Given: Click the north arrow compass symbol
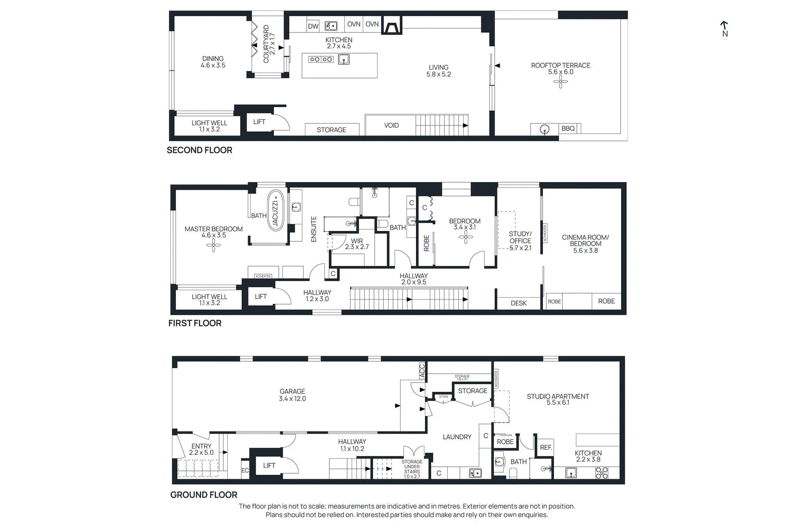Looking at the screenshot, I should pos(724,29).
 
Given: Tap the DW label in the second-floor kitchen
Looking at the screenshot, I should pos(313,26).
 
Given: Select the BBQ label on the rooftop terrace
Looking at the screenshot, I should pos(568,128).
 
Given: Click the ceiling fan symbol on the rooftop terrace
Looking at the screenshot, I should pos(560,82).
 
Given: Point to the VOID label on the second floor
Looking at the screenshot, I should pos(392,125).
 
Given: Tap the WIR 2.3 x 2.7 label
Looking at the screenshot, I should pos(357,244).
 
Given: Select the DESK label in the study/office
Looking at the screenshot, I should pos(519,303).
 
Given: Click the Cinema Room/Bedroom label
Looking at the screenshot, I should pos(585,244).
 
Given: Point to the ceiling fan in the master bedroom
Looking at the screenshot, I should pos(214,245).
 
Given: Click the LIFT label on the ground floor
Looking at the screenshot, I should pos(269,466).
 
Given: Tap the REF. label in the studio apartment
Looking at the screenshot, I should pos(546,447).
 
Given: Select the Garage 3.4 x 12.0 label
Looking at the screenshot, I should pos(292,395).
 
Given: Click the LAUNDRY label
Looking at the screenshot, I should pos(457,437).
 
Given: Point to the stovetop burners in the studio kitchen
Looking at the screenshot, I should pos(602,473).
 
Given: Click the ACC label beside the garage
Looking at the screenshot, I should pos(421,370).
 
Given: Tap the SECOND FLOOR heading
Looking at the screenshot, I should pos(199,150).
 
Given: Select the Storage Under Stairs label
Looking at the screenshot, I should pos(412,469).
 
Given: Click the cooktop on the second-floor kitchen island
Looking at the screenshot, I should pos(321,59).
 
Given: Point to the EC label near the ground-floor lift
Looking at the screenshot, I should pos(245,470).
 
